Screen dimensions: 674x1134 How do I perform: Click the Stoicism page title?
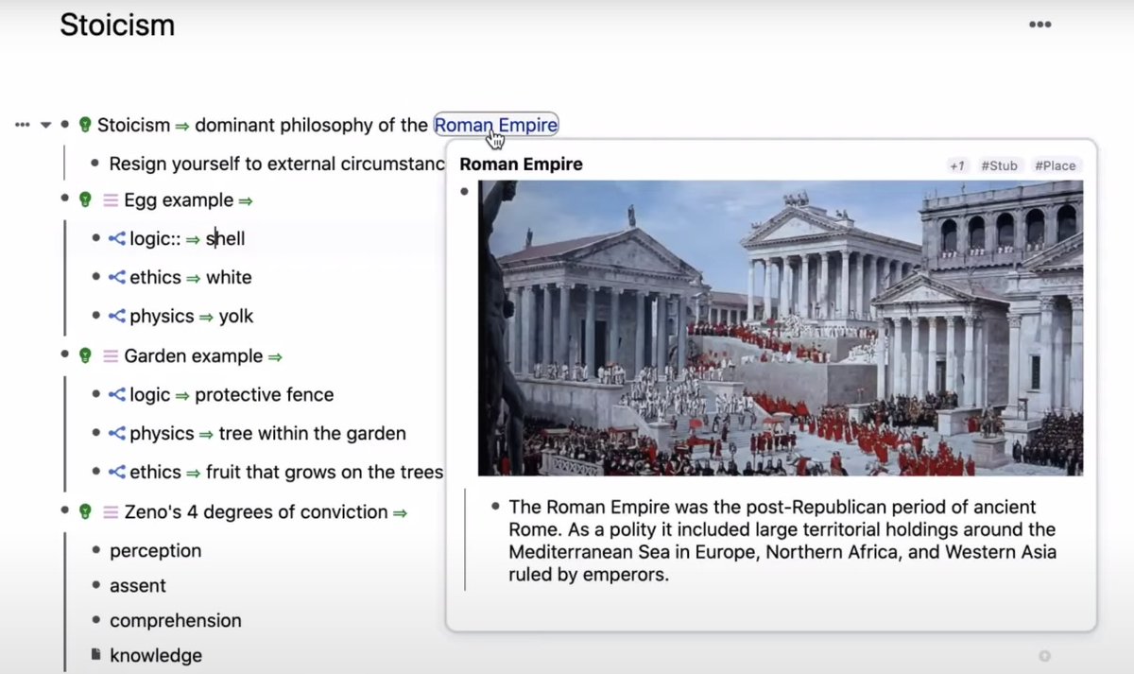point(117,26)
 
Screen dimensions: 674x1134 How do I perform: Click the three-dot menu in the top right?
point(1039,25)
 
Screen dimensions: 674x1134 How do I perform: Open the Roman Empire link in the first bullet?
point(496,125)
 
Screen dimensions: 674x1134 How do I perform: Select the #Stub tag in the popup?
point(999,165)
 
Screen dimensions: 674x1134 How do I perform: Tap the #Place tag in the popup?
point(1055,165)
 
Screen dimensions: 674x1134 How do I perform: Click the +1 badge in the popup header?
point(957,165)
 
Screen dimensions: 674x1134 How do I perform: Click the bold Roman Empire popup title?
point(521,164)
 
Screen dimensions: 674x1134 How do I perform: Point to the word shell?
point(226,239)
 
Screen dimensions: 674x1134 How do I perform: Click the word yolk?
point(236,317)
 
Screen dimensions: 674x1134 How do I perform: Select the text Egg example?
point(179,200)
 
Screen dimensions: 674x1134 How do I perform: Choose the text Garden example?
point(193,356)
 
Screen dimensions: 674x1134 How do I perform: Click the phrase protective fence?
point(264,395)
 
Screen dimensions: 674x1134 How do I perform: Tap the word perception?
point(155,550)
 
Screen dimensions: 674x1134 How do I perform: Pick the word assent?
point(138,586)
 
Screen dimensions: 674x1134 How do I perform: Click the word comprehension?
point(176,621)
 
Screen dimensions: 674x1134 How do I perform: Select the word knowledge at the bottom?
point(156,656)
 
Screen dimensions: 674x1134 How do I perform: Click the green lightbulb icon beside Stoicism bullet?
point(85,125)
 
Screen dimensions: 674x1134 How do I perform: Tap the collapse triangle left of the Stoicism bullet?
point(45,125)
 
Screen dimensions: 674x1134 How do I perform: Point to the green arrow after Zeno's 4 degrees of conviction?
point(400,512)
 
